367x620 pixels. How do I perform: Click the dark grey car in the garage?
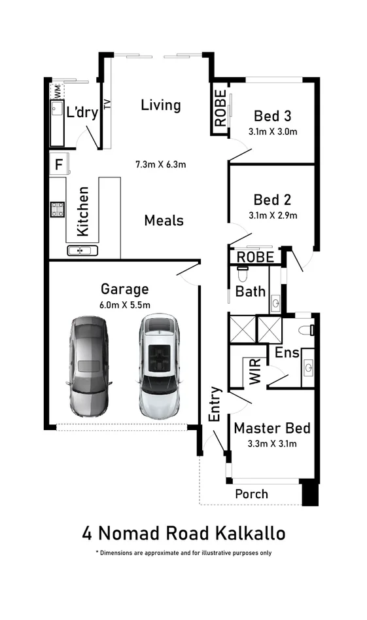point(88,366)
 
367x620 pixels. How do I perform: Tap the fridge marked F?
point(59,164)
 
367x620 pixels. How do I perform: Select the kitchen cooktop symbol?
point(58,209)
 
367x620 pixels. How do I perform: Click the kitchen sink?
point(82,250)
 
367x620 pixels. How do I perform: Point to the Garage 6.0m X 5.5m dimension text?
point(125,305)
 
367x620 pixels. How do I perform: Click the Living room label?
point(161,105)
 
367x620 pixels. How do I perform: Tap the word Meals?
point(164,220)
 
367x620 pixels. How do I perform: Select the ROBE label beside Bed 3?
point(220,108)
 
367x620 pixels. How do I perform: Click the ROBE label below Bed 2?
point(255,257)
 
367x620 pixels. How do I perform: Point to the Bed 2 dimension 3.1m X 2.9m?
point(273,215)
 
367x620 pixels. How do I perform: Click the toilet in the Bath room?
point(243,273)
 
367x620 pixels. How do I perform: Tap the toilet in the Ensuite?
point(307,330)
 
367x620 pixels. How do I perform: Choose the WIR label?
point(255,371)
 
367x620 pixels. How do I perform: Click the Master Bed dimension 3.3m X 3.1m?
point(272,444)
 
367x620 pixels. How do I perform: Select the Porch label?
point(252,494)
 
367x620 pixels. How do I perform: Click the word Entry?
point(215,404)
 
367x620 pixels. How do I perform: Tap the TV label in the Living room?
point(107,103)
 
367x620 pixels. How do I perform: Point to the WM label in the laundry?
point(58,92)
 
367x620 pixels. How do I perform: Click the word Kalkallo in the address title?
point(251,533)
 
